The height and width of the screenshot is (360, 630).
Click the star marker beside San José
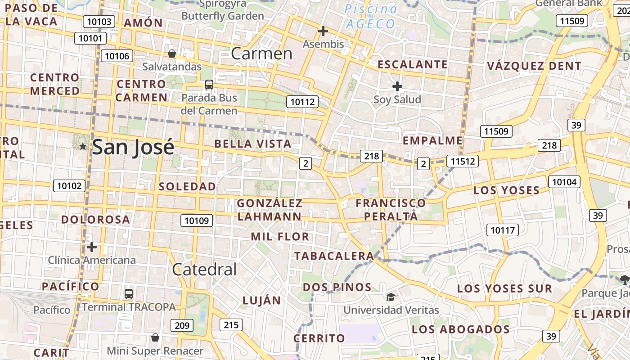(x=83, y=146)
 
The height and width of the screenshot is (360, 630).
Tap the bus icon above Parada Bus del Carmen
(x=209, y=84)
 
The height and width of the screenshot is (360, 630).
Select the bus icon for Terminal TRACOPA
(x=129, y=294)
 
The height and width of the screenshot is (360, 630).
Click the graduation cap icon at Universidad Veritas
(x=391, y=297)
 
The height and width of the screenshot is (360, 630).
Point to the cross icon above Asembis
(x=323, y=31)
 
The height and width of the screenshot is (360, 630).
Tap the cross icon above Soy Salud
(x=397, y=86)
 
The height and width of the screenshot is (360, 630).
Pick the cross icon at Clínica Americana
(x=92, y=247)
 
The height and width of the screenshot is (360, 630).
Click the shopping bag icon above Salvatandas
(x=171, y=54)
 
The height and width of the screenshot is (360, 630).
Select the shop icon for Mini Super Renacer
(x=155, y=337)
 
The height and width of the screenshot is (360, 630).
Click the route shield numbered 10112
(x=302, y=102)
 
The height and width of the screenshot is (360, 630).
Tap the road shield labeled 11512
(x=463, y=161)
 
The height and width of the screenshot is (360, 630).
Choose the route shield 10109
(x=197, y=220)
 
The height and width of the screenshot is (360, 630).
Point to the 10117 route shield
(x=502, y=230)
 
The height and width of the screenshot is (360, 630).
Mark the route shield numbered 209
(x=182, y=325)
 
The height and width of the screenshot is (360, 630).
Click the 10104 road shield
(x=564, y=182)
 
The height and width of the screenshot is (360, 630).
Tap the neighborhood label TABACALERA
(x=333, y=256)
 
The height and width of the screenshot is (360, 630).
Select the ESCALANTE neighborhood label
(x=412, y=64)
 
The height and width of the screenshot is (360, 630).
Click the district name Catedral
(x=204, y=269)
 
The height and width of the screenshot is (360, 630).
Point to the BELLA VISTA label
(x=253, y=144)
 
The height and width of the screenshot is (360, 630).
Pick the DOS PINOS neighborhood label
(x=337, y=287)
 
